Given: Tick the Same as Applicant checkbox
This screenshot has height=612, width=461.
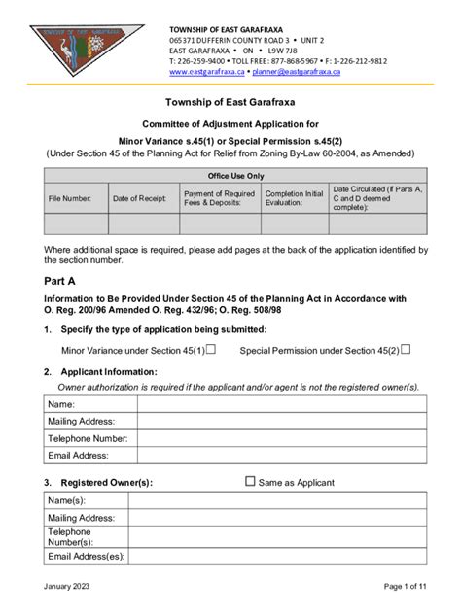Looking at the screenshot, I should tap(251, 481).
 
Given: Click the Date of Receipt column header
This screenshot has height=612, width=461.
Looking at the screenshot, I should tap(140, 198).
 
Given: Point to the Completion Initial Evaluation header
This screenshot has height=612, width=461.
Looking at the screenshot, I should tap(294, 198).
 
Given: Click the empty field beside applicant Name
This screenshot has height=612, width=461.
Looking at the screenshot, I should tap(282, 404).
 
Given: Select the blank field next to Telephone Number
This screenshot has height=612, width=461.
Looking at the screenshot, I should tap(282, 438).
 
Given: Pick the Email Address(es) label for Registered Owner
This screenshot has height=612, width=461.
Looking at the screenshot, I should tap(87, 556).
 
